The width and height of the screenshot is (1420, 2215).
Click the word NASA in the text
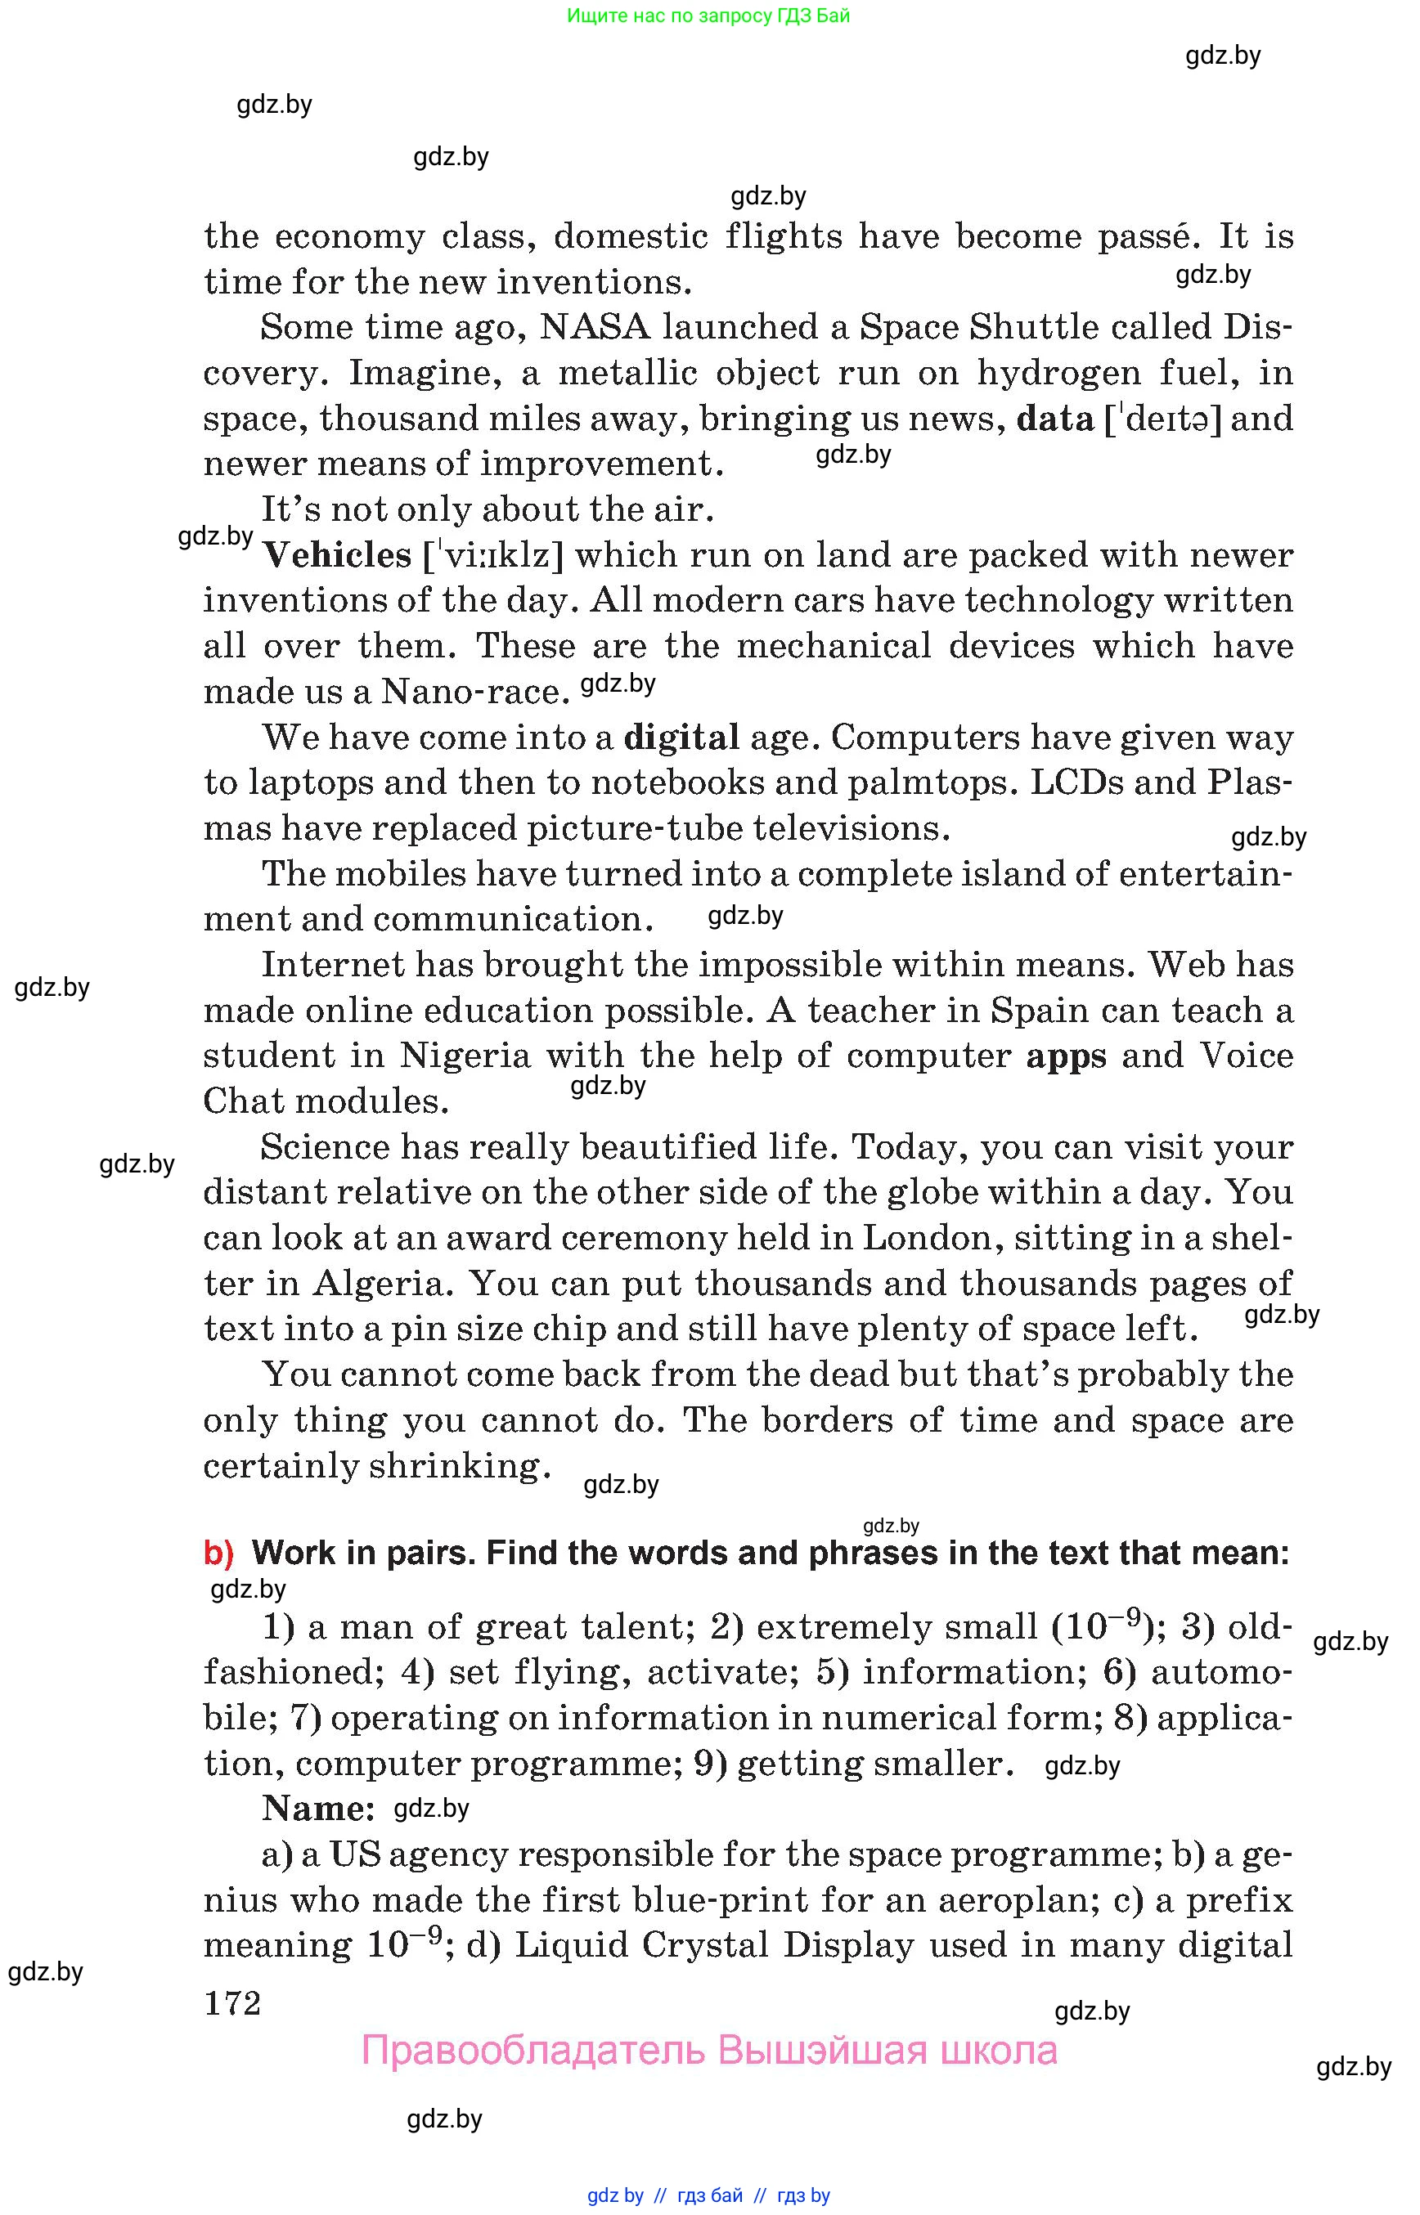595,327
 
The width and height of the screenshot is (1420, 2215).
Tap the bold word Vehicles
336,555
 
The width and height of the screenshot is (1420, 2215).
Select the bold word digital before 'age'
681,738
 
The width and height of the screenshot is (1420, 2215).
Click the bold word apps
1066,1056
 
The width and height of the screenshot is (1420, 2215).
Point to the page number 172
232,2003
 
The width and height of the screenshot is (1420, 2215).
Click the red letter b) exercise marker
218,1554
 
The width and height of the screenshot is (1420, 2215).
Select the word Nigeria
465,1056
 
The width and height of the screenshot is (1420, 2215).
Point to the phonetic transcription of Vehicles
493,556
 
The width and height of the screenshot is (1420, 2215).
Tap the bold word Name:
318,1809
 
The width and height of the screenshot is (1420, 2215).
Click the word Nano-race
475,692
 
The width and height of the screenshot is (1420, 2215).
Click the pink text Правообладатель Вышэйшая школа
709,2051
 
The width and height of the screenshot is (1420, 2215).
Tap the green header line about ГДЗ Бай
708,16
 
